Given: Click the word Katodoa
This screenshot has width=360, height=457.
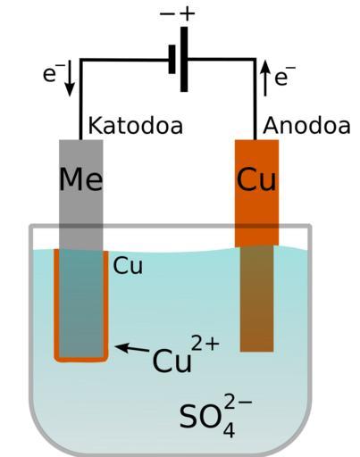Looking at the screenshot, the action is click(x=136, y=126).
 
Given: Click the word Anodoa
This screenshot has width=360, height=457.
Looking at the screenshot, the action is click(x=306, y=126).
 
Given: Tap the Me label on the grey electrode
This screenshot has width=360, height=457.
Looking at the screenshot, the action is click(x=81, y=179).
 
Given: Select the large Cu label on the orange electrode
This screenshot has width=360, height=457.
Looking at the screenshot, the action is click(x=256, y=179).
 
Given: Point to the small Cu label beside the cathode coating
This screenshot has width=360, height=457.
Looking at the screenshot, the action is click(x=128, y=265).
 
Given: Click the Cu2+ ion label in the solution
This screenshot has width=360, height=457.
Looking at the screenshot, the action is click(x=186, y=354).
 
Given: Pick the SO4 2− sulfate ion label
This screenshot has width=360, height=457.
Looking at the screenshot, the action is click(x=215, y=415).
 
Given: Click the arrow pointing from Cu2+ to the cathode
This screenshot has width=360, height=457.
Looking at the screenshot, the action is click(x=132, y=348).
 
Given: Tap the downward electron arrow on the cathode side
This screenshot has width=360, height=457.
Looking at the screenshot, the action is click(x=70, y=78).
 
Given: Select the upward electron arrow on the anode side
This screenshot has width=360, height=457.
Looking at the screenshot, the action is click(x=265, y=78).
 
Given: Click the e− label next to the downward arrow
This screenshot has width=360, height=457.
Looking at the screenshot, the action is click(x=51, y=72).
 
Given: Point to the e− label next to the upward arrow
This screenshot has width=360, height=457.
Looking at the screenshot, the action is click(x=284, y=76).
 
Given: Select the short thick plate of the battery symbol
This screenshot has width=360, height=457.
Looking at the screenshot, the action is click(x=172, y=59).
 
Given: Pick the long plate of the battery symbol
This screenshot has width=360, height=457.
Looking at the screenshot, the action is click(x=184, y=59).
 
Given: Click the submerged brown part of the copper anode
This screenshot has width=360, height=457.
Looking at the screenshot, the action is click(x=256, y=298).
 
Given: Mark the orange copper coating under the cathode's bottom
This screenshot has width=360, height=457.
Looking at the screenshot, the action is click(x=81, y=360).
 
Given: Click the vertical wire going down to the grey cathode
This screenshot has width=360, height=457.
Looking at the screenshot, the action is click(x=80, y=100).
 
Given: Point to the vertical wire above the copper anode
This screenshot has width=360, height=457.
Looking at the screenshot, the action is click(x=255, y=99).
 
